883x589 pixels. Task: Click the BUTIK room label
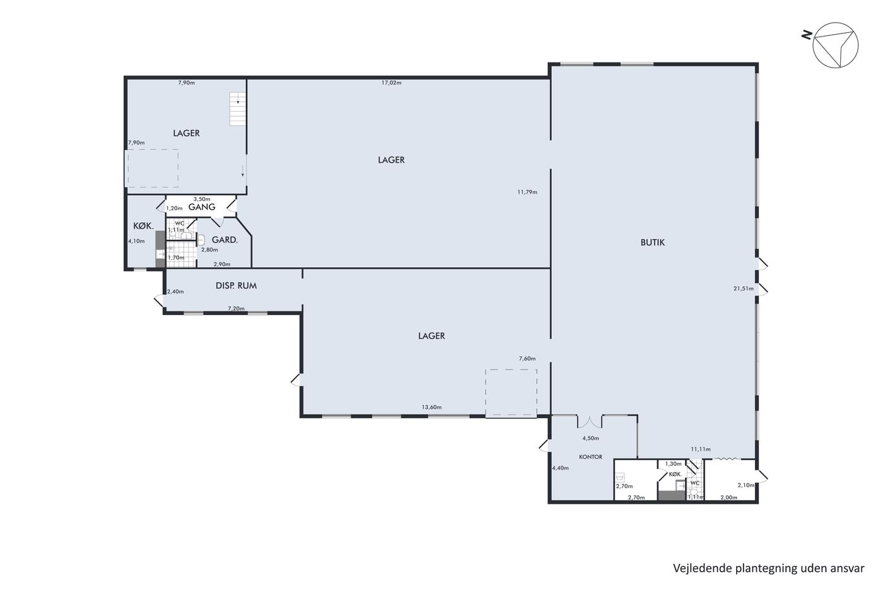point(652,242)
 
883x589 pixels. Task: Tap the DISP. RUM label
point(236,285)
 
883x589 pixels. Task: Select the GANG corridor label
point(202,206)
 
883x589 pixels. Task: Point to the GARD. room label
point(225,240)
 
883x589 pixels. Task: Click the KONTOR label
point(590,457)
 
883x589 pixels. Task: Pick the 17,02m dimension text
point(392,83)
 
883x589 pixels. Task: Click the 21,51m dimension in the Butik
point(744,289)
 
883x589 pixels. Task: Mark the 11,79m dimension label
point(527,192)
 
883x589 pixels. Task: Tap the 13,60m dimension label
point(431,407)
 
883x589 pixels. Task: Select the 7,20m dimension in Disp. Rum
point(236,309)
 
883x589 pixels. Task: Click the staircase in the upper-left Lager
point(238,109)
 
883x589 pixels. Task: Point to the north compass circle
point(835,45)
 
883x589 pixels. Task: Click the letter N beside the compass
point(807,35)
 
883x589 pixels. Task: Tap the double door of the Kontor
point(590,422)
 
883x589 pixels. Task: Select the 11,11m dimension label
point(701,449)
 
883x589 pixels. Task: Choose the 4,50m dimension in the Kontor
point(590,438)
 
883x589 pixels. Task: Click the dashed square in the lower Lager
point(511,392)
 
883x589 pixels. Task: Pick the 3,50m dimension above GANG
point(202,199)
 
